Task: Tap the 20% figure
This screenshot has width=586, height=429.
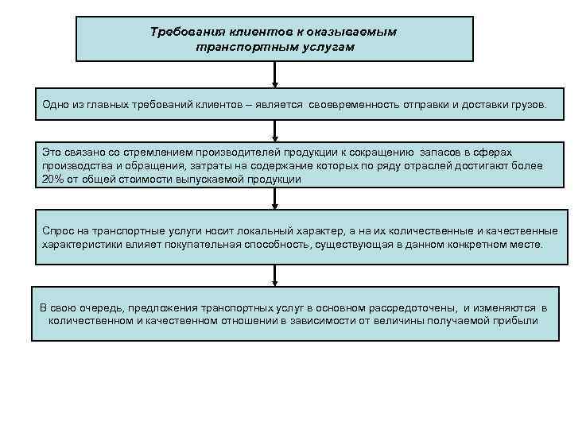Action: [x=53, y=180]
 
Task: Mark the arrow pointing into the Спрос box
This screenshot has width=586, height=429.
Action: [x=275, y=200]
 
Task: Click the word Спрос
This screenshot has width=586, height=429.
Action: [x=58, y=230]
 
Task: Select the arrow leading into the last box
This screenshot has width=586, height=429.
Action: [x=275, y=276]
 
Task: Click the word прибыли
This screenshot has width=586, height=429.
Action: [x=518, y=321]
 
